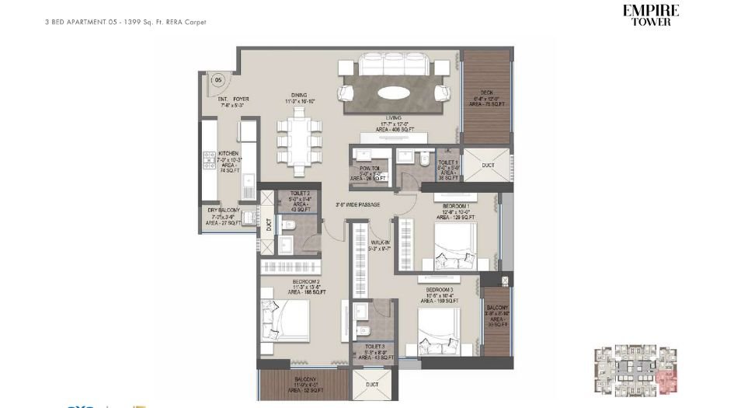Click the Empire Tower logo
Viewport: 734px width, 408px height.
coord(651,16)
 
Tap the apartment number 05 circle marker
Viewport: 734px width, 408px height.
coord(218,78)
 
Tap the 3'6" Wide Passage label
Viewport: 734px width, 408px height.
coord(357,205)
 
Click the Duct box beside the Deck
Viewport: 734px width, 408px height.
coord(488,166)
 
